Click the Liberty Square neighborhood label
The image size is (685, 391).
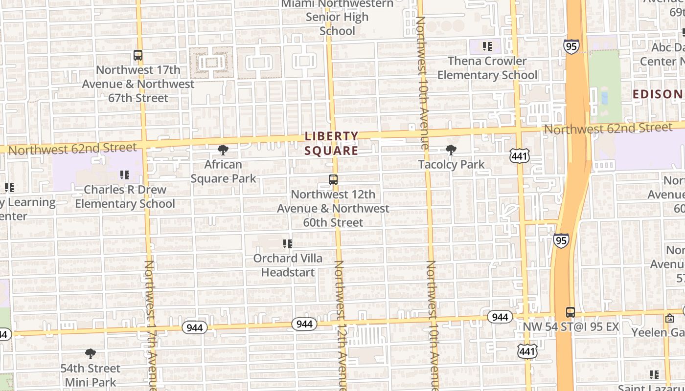(x=331, y=143)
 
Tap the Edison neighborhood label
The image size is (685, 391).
(x=658, y=94)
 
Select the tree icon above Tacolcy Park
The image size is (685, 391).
(x=451, y=150)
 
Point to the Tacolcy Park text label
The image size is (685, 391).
(x=451, y=164)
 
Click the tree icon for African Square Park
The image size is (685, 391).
(x=223, y=150)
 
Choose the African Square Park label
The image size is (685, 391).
(x=223, y=172)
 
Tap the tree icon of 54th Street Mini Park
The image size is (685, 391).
(x=90, y=354)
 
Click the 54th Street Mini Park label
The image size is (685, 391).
(x=90, y=375)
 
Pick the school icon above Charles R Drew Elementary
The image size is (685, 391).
(x=125, y=174)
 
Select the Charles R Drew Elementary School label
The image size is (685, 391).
(x=125, y=196)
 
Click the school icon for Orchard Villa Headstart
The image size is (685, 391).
(x=288, y=243)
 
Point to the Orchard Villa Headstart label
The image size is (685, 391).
(x=288, y=265)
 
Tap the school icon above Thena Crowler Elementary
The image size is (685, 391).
(x=487, y=46)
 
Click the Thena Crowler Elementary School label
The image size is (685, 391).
(x=487, y=68)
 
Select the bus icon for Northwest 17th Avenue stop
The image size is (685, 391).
(x=138, y=55)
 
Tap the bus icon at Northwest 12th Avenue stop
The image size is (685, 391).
(x=333, y=180)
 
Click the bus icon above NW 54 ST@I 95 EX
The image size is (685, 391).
(x=571, y=312)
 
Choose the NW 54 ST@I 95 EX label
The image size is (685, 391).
(x=571, y=326)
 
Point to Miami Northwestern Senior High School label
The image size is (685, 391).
(x=337, y=17)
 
